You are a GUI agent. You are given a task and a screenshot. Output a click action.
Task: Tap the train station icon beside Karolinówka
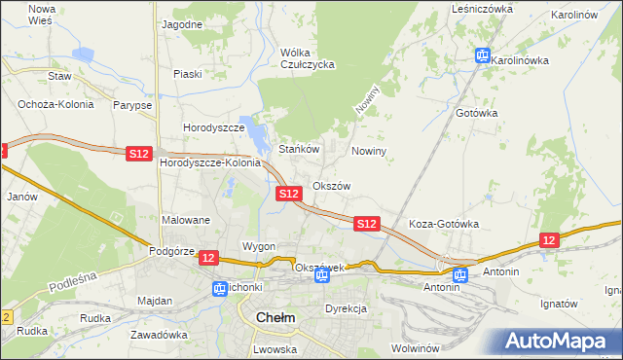click(482, 56)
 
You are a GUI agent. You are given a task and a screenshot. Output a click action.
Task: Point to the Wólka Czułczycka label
click(307, 58)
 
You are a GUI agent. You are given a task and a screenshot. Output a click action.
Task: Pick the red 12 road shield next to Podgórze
click(208, 257)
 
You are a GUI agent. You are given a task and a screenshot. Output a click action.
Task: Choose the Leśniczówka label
click(482, 8)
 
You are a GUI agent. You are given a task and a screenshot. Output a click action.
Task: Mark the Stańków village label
click(300, 150)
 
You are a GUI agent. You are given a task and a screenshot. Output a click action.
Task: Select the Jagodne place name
click(182, 23)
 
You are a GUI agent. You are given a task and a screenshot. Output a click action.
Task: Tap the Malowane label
click(186, 220)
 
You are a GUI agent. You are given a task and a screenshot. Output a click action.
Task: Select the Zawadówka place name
click(161, 334)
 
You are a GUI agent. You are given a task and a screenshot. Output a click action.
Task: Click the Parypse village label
click(131, 105)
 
